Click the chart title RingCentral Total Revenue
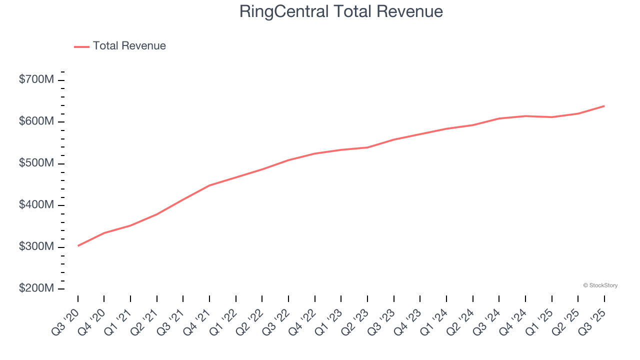(341, 11)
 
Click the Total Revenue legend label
(129, 46)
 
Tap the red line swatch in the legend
(81, 46)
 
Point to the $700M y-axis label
(36, 79)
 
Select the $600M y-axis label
(36, 121)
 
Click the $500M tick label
(36, 163)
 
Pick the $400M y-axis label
(36, 205)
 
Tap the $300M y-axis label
(36, 247)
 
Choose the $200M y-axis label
(36, 288)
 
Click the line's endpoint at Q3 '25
(604, 106)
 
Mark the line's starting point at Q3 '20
(78, 245)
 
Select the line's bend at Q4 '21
(209, 185)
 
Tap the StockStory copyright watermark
(600, 285)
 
